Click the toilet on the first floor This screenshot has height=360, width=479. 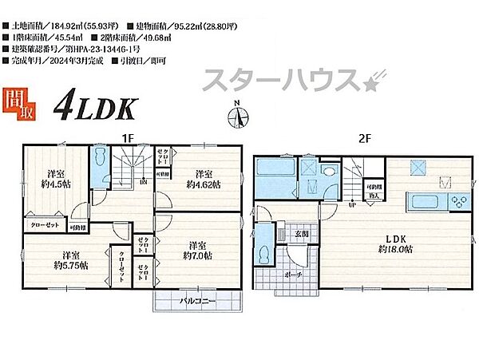(x=100, y=159)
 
